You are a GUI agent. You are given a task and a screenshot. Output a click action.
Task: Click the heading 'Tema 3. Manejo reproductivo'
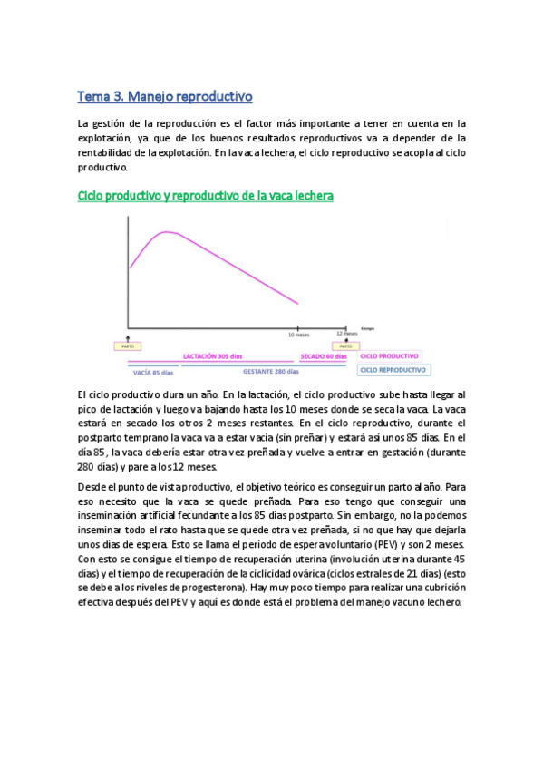[165, 95]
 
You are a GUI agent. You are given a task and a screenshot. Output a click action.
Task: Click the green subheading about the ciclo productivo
[206, 195]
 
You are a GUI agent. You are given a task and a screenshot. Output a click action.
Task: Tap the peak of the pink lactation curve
[167, 232]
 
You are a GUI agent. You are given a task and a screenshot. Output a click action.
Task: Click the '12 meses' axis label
[344, 334]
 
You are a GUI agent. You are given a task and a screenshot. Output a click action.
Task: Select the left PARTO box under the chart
[126, 346]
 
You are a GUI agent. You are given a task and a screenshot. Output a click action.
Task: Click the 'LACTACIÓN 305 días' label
[212, 356]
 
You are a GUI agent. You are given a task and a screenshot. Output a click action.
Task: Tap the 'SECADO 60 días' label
[323, 356]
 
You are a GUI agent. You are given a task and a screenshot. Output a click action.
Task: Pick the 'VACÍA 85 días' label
[153, 370]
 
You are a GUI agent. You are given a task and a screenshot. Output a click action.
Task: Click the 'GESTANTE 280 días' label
[271, 370]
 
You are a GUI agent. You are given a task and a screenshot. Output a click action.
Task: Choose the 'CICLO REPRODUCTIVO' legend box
[393, 370]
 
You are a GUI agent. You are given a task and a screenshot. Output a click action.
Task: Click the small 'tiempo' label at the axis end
[367, 327]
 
